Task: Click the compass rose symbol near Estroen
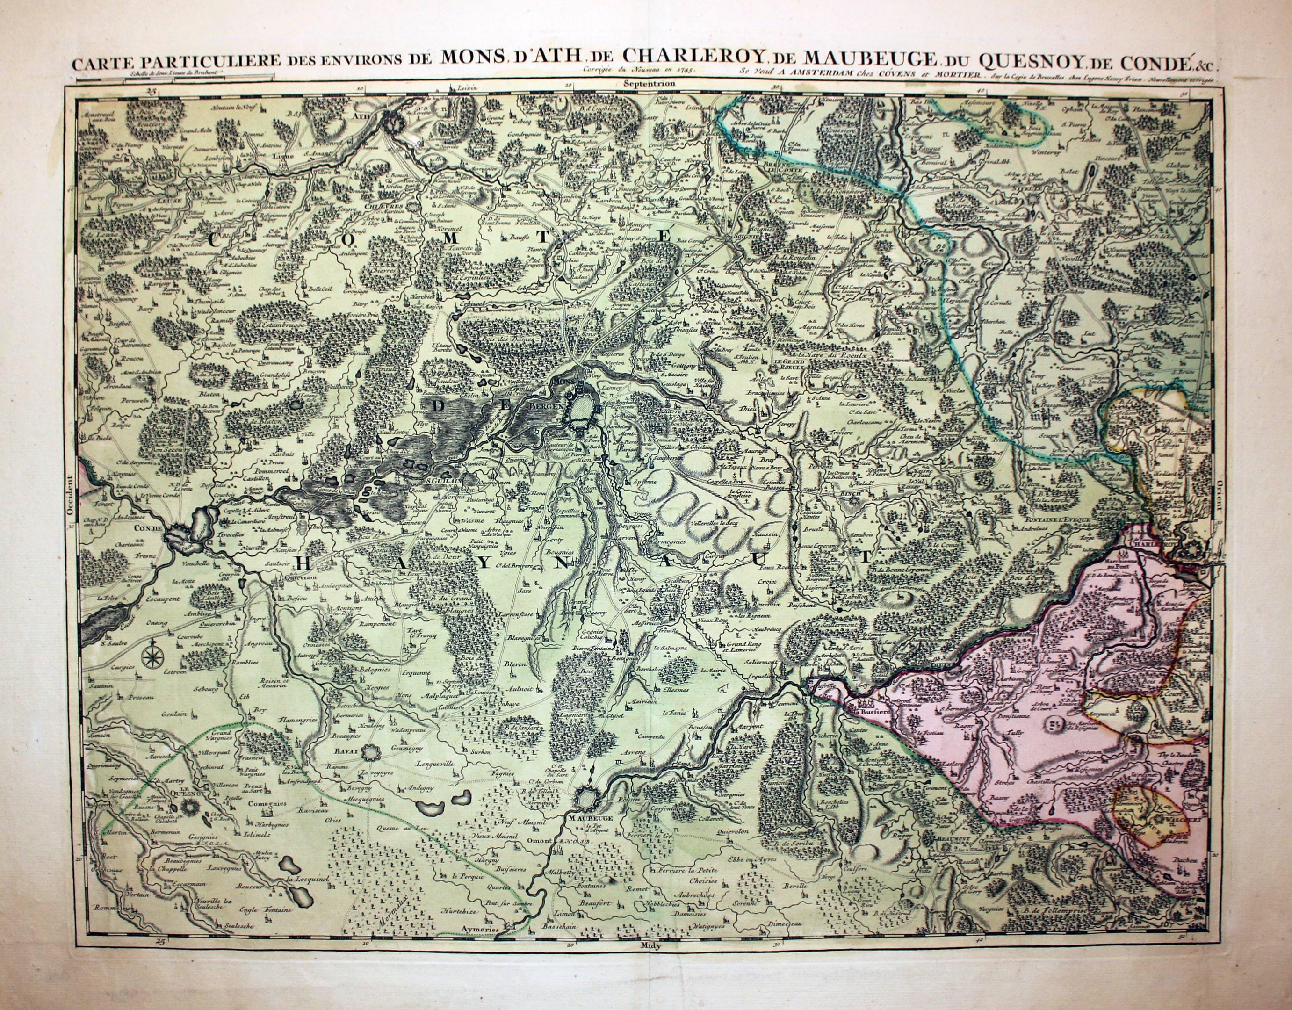(x=152, y=655)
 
